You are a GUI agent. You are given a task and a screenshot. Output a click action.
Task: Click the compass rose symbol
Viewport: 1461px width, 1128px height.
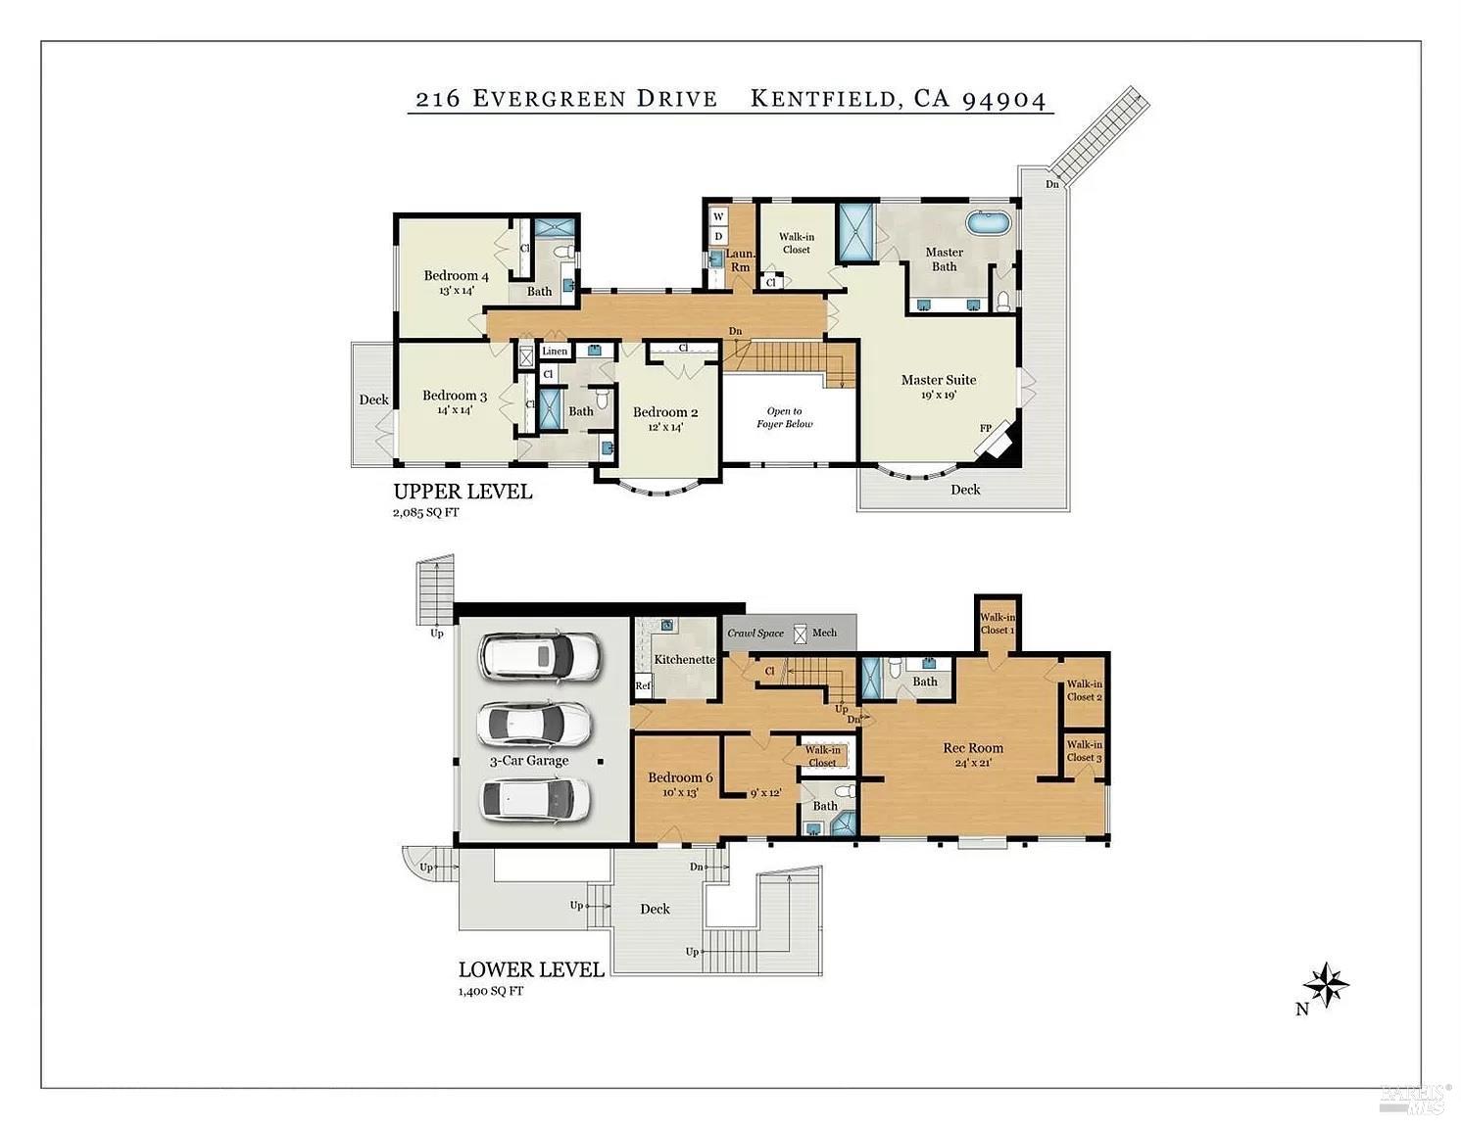point(1326,985)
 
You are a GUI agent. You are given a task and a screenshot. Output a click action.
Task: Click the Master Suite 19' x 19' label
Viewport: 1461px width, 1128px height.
point(938,386)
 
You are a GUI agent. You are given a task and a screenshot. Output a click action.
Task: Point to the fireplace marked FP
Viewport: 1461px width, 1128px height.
point(996,442)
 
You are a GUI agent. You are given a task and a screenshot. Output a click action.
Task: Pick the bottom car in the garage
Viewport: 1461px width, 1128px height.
point(535,799)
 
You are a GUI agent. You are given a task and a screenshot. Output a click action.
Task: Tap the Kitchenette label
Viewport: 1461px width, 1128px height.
point(684,659)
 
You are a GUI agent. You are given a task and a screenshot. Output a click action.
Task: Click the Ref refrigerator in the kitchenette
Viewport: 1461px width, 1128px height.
point(643,685)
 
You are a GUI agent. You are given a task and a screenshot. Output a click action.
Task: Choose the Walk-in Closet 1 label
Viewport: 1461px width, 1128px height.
point(998,624)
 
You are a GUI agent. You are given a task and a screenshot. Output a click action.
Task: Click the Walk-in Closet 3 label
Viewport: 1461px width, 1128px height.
point(1085,751)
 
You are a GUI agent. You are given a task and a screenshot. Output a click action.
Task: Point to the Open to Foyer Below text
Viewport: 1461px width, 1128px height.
point(784,418)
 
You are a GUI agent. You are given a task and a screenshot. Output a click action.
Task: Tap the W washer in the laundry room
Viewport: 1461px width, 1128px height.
point(718,216)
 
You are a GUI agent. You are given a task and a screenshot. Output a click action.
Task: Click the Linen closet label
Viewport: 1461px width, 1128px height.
point(555,351)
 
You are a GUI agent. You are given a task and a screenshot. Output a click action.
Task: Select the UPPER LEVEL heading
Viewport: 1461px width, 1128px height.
point(463,492)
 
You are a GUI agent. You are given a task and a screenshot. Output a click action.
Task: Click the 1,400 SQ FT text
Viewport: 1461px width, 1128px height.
point(490,991)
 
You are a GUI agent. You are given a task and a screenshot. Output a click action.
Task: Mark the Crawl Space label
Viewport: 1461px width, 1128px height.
point(755,633)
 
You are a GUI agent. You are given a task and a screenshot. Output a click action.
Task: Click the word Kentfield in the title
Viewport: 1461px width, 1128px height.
point(824,99)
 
